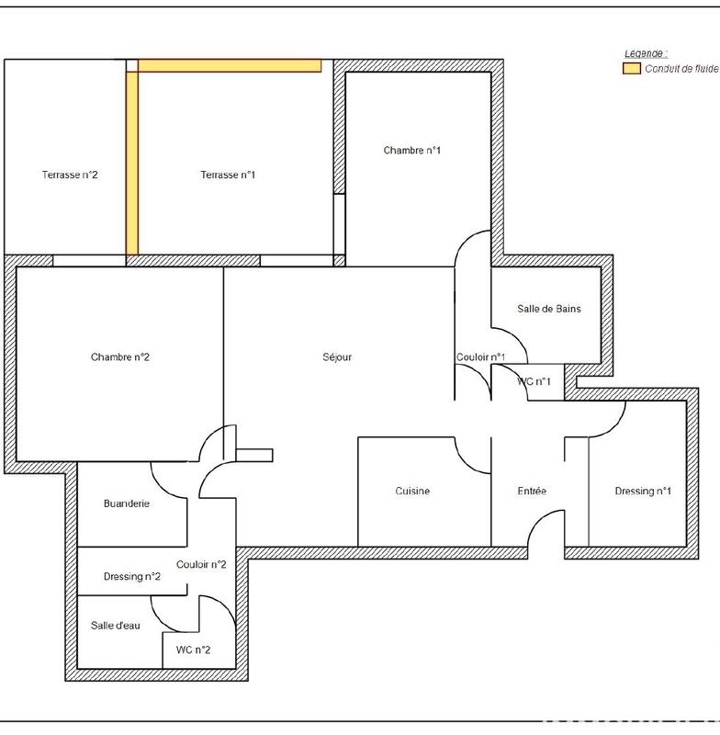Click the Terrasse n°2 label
coord(70,175)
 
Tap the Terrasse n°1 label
coord(228,175)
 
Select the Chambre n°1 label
coord(412,150)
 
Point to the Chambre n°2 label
coord(119,357)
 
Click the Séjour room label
coord(337,357)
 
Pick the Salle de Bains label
coord(549,309)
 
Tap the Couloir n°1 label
coord(481,357)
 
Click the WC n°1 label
coord(534,381)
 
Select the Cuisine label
coord(412,492)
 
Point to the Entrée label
coord(532,492)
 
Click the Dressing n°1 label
coord(643,492)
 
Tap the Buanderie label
coord(127,503)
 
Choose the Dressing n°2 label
coord(132,577)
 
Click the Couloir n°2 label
coord(201,565)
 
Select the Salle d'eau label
coord(116,626)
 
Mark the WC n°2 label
coord(193,650)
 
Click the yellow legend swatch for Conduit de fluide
coord(632,69)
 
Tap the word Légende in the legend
coord(646,54)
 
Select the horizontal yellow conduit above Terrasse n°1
coord(230,65)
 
